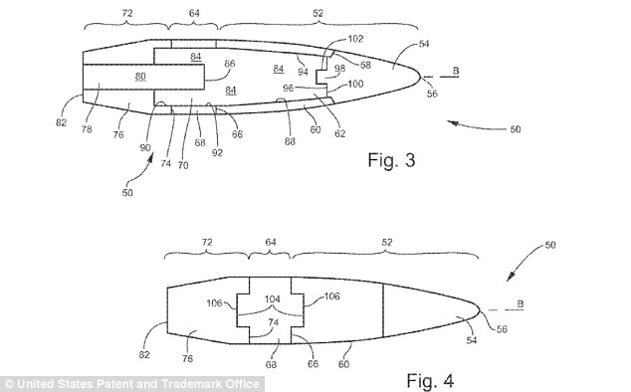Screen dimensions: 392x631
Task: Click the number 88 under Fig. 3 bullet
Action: pos(289,141)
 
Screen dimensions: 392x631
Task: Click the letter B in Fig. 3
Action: pos(455,70)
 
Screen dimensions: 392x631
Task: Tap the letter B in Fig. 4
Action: pos(525,304)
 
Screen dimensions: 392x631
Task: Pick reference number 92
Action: pos(217,152)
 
